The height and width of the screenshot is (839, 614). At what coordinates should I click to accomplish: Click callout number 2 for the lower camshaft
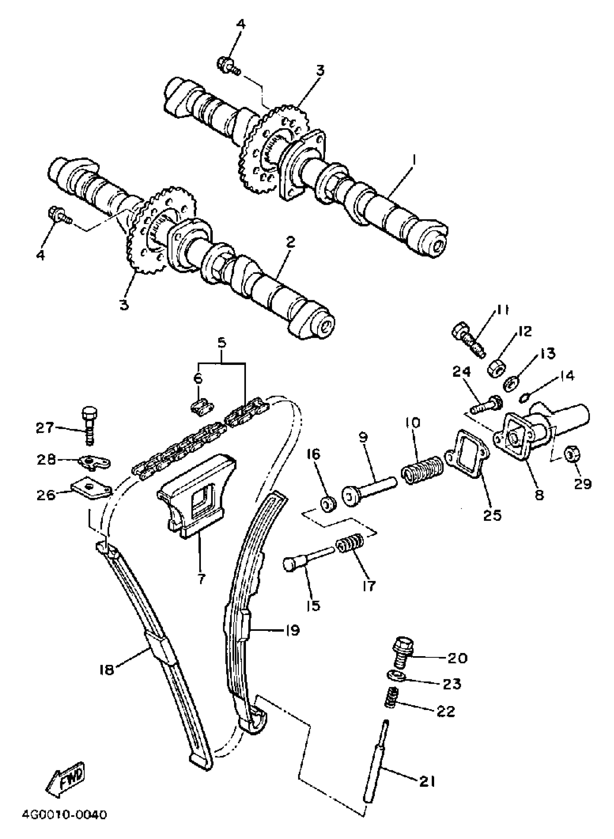pos(290,243)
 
